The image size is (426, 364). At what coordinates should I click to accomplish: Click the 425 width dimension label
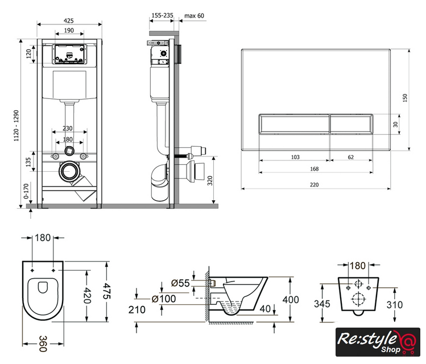pyautogui.click(x=69, y=20)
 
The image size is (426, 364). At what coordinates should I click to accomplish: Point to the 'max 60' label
pyautogui.click(x=194, y=15)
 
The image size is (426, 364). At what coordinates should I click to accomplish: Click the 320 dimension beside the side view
pyautogui.click(x=210, y=181)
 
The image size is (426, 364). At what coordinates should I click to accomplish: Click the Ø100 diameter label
pyautogui.click(x=164, y=299)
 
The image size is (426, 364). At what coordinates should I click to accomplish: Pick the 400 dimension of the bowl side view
pyautogui.click(x=291, y=300)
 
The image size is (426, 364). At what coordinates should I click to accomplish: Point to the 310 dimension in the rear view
pyautogui.click(x=394, y=305)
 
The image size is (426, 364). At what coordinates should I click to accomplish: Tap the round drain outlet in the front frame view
pyautogui.click(x=70, y=171)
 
